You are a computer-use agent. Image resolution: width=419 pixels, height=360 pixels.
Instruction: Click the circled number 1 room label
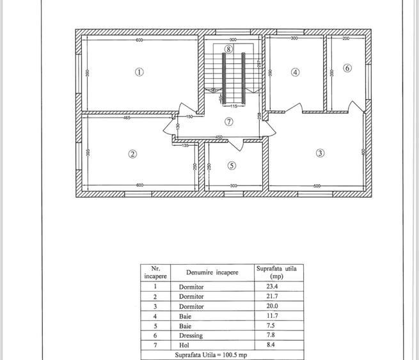point(139,72)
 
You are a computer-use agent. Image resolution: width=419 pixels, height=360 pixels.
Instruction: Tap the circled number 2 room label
point(132,153)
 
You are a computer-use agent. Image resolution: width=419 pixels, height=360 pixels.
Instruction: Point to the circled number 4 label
point(295,72)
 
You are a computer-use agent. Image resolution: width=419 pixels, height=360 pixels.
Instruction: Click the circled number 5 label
point(232,165)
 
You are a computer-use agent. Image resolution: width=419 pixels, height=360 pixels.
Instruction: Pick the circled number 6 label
point(347,68)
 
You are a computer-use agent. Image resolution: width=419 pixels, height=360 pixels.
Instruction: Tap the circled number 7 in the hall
point(228,121)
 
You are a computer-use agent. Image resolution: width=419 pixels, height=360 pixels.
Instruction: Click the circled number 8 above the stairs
point(228,49)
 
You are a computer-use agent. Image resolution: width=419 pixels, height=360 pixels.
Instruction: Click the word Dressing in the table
point(191,335)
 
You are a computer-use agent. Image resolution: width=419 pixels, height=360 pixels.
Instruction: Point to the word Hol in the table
point(184,345)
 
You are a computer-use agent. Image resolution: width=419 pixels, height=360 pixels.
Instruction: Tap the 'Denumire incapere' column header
point(208,272)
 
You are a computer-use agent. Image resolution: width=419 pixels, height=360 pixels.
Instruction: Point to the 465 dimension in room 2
point(127,118)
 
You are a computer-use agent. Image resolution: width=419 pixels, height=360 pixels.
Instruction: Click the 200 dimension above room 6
point(345,40)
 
